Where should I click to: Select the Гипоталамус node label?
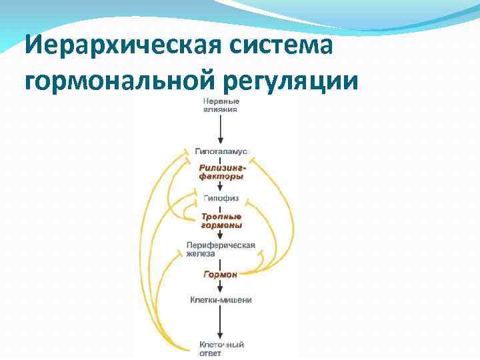(221, 152)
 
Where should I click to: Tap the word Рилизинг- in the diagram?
(218, 169)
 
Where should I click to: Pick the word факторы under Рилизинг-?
(221, 177)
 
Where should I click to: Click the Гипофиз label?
(221, 199)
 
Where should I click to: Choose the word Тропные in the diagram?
(221, 217)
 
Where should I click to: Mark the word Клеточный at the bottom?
(221, 345)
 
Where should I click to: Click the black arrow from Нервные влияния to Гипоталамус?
(221, 130)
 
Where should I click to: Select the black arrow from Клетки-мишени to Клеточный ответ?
(221, 323)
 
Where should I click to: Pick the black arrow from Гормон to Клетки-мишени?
(221, 287)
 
